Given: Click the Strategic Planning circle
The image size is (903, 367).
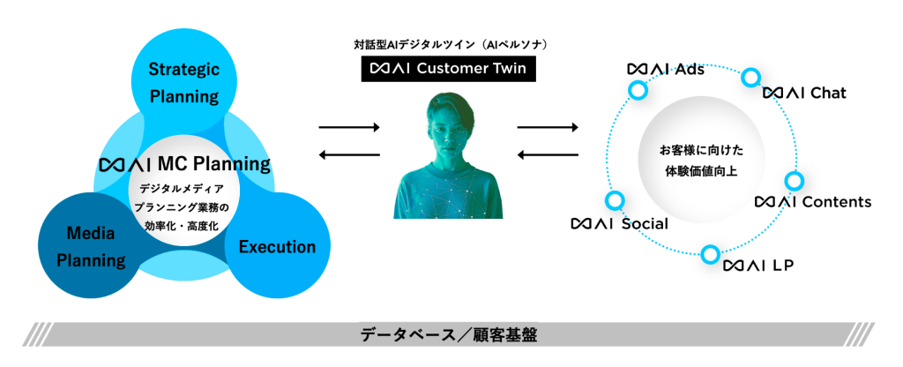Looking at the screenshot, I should coord(183,82).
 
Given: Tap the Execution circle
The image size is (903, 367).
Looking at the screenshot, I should coord(277,248).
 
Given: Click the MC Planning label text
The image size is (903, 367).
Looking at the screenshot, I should coord(185,164).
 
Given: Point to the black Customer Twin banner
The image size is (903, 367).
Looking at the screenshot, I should coord(448,68).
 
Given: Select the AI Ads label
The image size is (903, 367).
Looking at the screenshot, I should coord(665,69).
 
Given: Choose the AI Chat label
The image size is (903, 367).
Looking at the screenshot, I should coord(804,92).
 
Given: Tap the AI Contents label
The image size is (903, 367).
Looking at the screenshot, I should coord(812,202).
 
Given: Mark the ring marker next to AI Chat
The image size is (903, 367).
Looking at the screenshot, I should coord(750,77).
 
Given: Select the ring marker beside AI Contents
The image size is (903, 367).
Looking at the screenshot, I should coord(793,181).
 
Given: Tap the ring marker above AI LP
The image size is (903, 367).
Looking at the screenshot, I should coord(710,254).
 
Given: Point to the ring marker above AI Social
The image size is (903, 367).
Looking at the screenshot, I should coord(615,200).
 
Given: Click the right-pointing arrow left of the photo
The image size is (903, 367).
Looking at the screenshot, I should coord(348,129).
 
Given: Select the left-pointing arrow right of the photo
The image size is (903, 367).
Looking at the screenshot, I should coord(548,156).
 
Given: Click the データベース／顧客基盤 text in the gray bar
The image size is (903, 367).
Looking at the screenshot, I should coord(448,334).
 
